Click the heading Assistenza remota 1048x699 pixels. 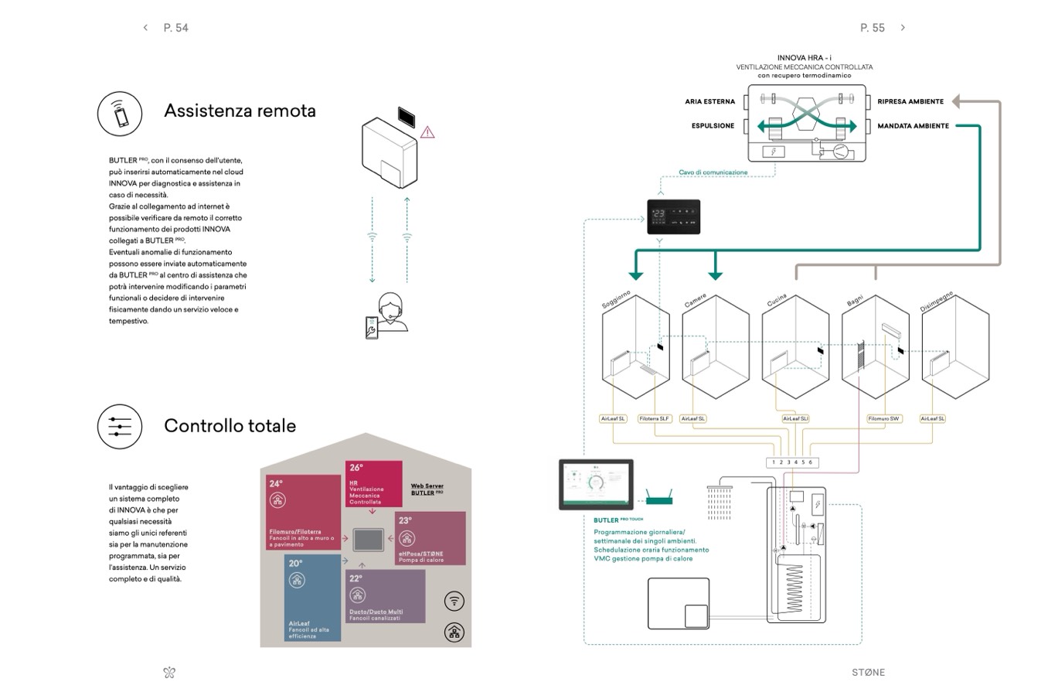click(x=240, y=111)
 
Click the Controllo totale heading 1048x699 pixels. click(x=230, y=425)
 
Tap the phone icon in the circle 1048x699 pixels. click(x=120, y=114)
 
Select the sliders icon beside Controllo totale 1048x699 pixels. click(x=120, y=426)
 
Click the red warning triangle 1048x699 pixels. click(x=427, y=133)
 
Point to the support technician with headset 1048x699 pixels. click(x=390, y=313)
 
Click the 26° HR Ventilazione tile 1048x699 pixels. click(x=373, y=483)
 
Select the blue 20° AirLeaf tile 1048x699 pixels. click(x=312, y=597)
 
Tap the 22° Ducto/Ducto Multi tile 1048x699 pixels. click(x=386, y=596)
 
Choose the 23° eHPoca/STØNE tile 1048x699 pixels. click(x=430, y=538)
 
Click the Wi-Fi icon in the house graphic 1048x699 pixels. click(x=454, y=601)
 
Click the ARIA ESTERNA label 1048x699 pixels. click(x=709, y=101)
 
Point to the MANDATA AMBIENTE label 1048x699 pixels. click(x=913, y=126)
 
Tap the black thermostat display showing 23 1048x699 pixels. click(x=673, y=217)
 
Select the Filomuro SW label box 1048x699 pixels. click(x=883, y=419)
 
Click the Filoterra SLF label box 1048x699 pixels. click(x=654, y=419)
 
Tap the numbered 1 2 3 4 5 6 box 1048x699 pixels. click(x=791, y=462)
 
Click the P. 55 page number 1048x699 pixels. click(x=872, y=28)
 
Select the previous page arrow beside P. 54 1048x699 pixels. click(x=145, y=28)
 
